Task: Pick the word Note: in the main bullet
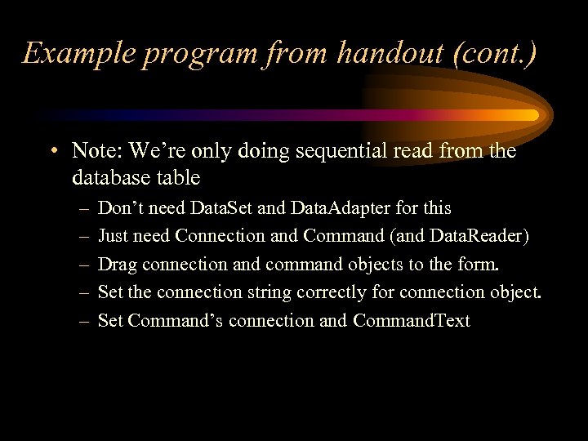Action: pyautogui.click(x=98, y=151)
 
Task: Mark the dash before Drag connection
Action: pyautogui.click(x=83, y=265)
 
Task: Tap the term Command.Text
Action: pyautogui.click(x=412, y=320)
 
